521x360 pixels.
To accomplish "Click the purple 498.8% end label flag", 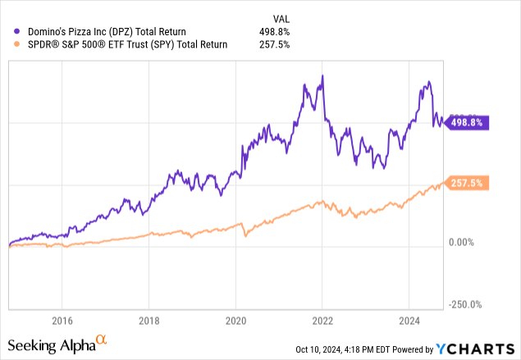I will pyautogui.click(x=465, y=122).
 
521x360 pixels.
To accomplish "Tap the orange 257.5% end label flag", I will pyautogui.click(x=465, y=182).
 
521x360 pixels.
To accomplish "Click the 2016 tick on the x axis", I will pyautogui.click(x=62, y=320).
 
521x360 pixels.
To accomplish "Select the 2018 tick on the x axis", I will pyautogui.click(x=149, y=320).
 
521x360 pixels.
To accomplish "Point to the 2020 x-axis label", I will pyautogui.click(x=235, y=320).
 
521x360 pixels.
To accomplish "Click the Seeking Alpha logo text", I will pyautogui.click(x=51, y=343).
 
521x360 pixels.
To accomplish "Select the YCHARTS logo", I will pyautogui.click(x=480, y=348).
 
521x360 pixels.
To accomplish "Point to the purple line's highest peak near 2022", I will pyautogui.click(x=322, y=75).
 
